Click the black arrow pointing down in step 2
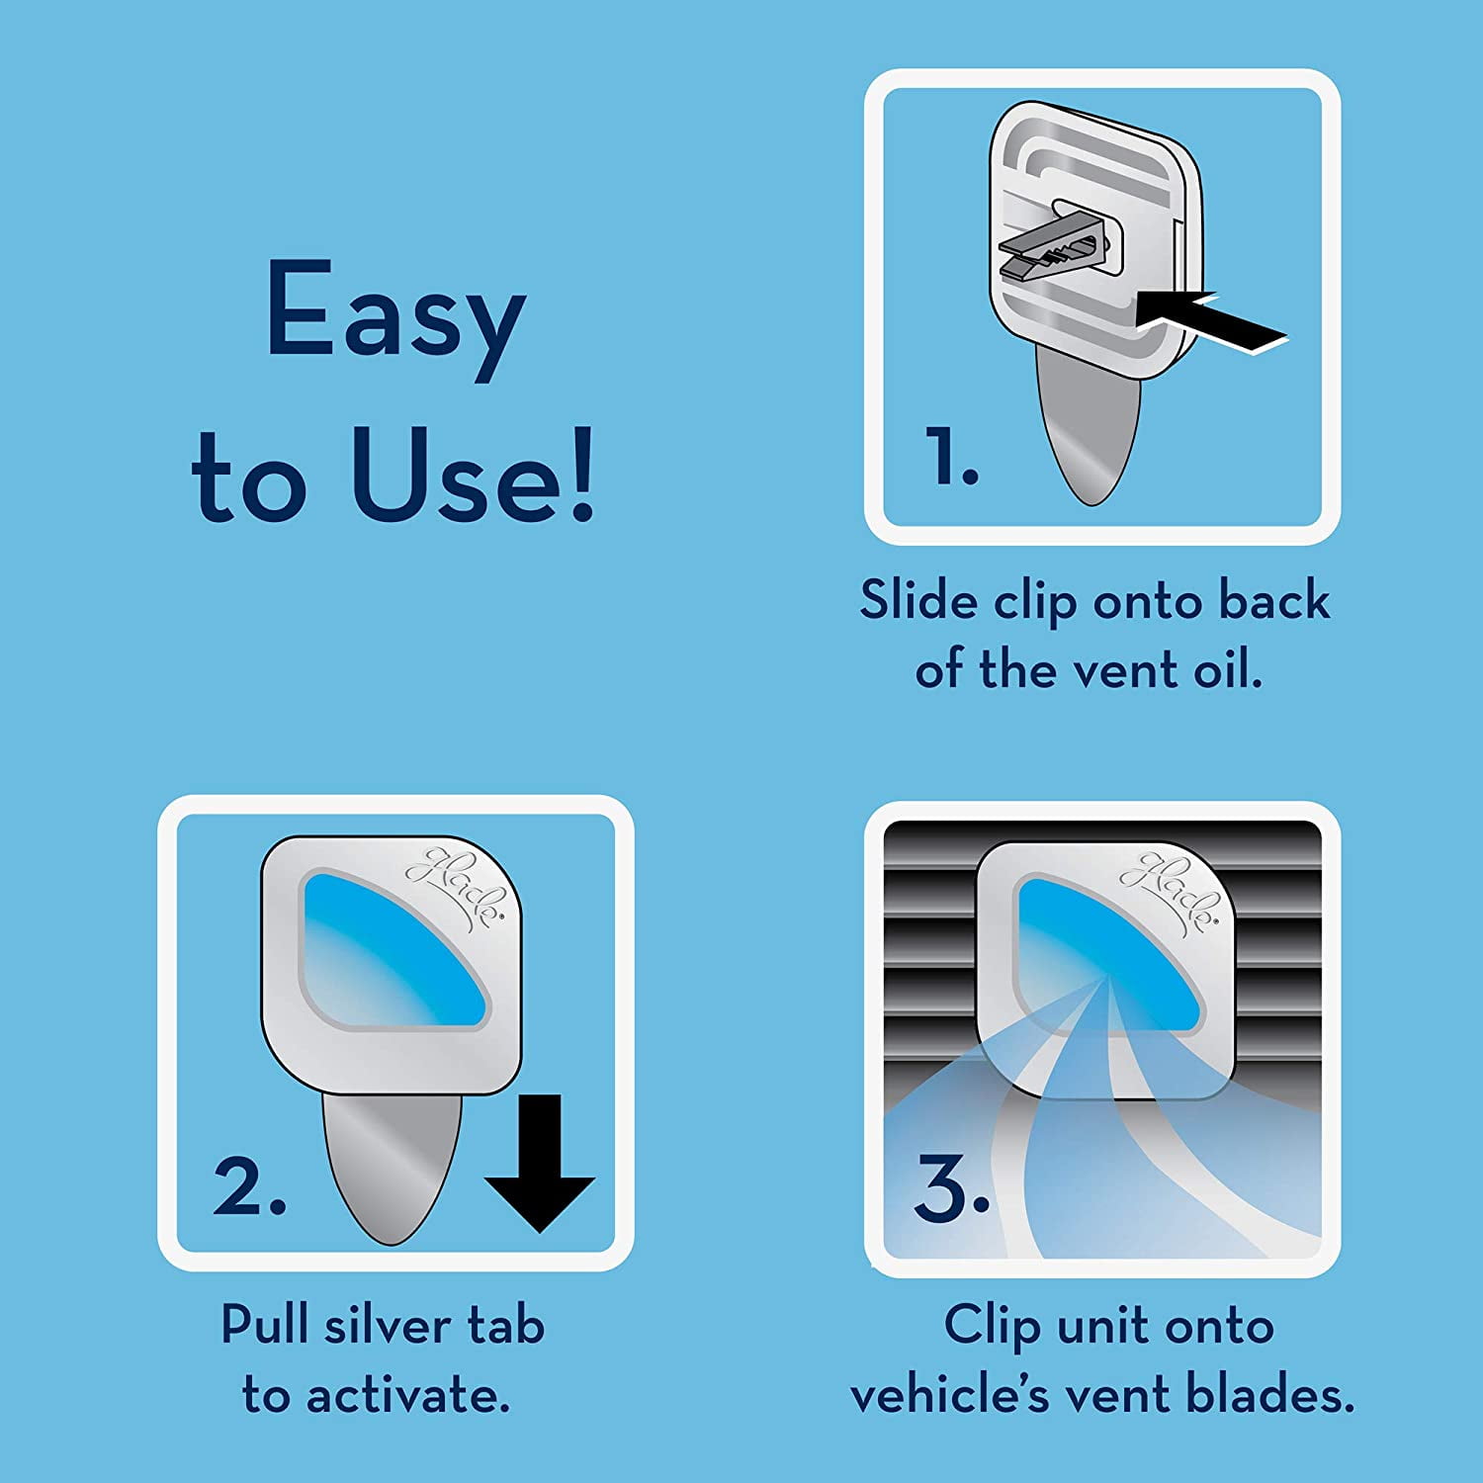click(539, 1164)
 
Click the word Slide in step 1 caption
click(918, 600)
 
